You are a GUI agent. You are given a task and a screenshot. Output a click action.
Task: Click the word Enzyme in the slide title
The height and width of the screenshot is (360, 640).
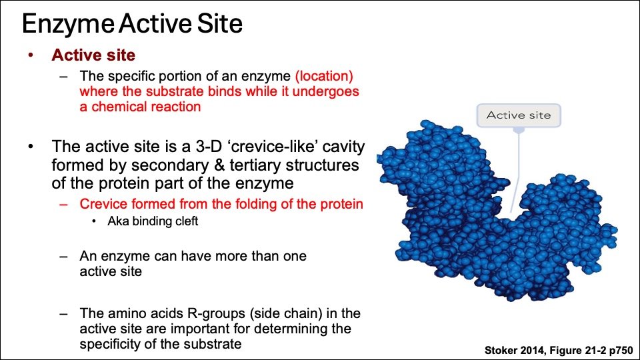(68, 24)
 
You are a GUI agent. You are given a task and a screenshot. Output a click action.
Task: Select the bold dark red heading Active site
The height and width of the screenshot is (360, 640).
(93, 55)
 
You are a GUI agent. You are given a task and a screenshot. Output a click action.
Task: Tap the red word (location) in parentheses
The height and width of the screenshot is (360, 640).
(324, 76)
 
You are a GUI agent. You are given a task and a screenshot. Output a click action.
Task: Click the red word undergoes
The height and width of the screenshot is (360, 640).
(326, 92)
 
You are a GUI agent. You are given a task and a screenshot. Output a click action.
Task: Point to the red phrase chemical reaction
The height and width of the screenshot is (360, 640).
(146, 107)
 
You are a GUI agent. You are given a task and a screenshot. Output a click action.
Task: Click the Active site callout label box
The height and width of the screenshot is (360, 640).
(519, 115)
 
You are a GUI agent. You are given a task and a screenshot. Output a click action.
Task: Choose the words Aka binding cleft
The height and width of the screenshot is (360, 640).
(153, 221)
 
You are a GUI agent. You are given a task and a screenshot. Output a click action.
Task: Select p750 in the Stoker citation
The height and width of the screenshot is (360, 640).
(621, 350)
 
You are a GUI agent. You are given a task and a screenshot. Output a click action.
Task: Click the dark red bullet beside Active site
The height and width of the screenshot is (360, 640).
(31, 55)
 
